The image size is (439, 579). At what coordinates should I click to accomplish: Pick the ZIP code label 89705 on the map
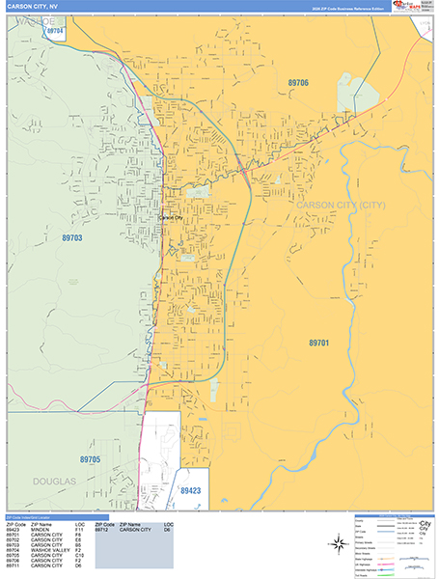click(90, 459)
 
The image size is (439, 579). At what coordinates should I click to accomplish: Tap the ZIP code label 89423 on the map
click(191, 490)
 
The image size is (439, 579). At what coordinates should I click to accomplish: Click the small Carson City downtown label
click(170, 218)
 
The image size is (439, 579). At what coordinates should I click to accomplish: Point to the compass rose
click(339, 543)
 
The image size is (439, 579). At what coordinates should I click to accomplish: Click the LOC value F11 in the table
click(80, 530)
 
